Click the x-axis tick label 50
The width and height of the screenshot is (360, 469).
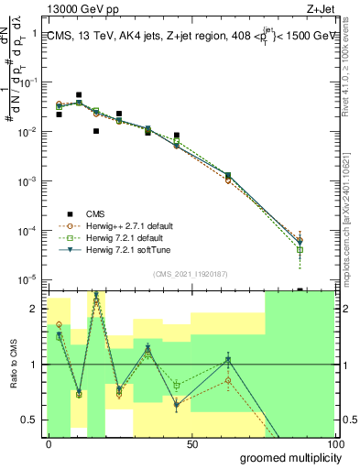click(192, 443)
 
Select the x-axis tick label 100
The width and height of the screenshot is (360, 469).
click(333, 443)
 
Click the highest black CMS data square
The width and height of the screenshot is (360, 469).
click(79, 94)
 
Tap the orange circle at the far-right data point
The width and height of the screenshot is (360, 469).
click(300, 240)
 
